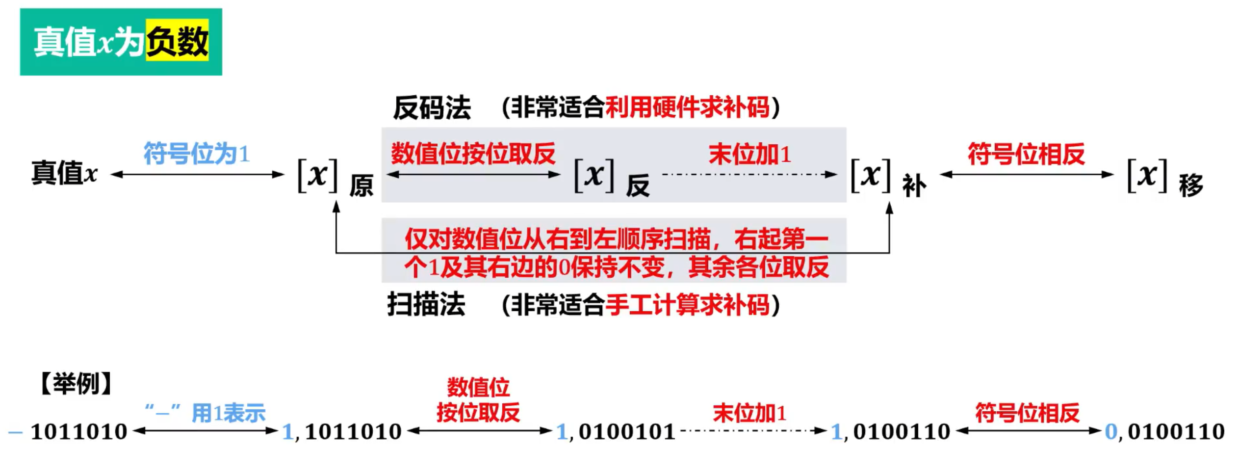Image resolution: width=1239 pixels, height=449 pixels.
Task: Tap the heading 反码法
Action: (x=432, y=107)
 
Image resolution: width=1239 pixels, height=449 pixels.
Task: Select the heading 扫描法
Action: (x=426, y=304)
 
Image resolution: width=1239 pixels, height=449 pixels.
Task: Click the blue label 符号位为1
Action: (x=196, y=154)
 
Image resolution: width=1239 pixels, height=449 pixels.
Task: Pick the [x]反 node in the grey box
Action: (x=611, y=177)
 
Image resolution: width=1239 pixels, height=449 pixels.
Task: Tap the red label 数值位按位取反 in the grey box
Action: (x=473, y=154)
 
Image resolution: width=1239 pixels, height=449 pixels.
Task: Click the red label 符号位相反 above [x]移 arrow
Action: (x=1026, y=154)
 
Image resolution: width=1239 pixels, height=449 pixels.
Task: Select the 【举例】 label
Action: (x=76, y=383)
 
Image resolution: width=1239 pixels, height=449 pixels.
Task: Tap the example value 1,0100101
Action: (x=616, y=432)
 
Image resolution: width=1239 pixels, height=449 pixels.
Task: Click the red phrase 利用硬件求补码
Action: (x=687, y=107)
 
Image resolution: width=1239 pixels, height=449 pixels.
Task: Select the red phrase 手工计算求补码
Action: (x=687, y=305)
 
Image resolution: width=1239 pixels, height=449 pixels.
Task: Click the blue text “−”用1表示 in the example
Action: (x=205, y=412)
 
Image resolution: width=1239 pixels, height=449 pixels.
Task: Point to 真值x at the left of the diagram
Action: (x=64, y=173)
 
